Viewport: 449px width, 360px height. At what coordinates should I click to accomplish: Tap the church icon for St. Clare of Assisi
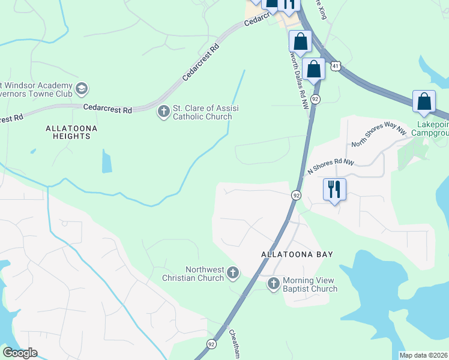coord(163,112)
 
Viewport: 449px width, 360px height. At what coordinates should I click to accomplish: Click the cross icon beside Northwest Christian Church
coord(233,274)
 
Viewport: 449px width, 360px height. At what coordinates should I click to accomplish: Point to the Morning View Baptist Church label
coord(310,284)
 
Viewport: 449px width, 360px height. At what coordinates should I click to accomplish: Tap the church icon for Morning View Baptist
coord(274,284)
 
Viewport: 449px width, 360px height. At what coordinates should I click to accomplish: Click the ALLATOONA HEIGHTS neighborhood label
coord(71,132)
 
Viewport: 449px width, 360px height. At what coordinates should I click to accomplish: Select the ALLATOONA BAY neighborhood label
coord(297,254)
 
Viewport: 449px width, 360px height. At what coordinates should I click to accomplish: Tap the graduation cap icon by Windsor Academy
coord(81,90)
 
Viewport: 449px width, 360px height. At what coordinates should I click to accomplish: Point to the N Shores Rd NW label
coord(331,166)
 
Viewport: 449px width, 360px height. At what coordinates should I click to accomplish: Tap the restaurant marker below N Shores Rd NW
coord(334,190)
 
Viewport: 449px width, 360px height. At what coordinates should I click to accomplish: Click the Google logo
coord(20,353)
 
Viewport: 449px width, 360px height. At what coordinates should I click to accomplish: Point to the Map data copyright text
coord(423,355)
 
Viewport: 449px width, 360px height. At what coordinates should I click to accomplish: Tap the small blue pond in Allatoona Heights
coord(107,161)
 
